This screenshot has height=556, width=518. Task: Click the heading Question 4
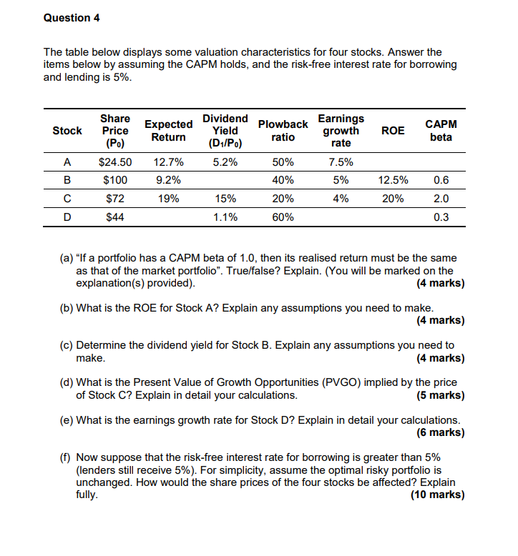tap(72, 18)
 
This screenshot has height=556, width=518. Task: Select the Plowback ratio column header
tap(283, 130)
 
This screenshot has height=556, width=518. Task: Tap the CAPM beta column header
tap(441, 130)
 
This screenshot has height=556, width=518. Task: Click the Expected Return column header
tap(169, 130)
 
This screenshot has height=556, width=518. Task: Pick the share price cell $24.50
tap(115, 163)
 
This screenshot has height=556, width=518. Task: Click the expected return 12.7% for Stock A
tap(169, 163)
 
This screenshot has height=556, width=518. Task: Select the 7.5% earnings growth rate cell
tap(341, 163)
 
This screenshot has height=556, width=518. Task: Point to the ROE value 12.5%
tap(393, 181)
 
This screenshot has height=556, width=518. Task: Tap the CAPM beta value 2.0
tap(441, 199)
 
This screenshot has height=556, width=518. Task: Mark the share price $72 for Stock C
tap(115, 199)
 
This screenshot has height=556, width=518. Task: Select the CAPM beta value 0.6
tap(441, 181)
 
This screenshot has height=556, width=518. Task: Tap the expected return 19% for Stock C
tap(169, 199)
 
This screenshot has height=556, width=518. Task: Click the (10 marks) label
tap(437, 495)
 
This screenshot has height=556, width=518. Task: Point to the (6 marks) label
tap(440, 432)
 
